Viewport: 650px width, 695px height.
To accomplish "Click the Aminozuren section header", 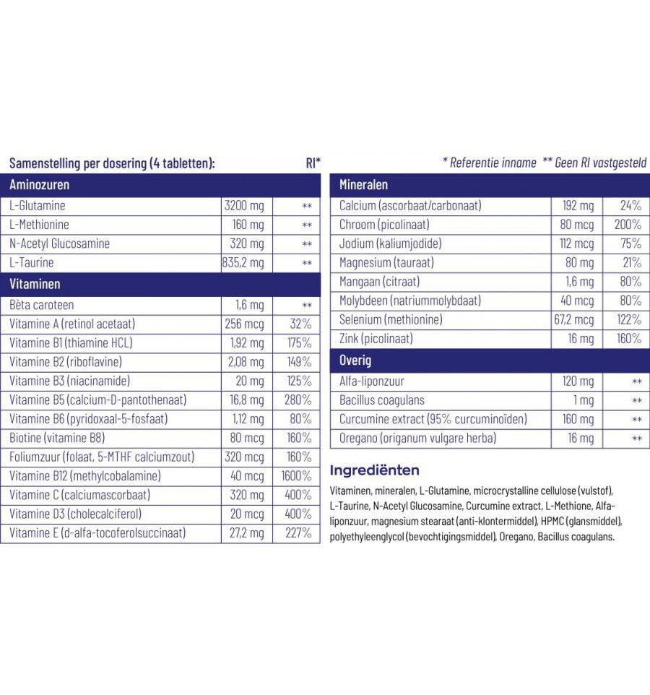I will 40,185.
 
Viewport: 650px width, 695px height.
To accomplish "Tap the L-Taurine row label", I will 32,263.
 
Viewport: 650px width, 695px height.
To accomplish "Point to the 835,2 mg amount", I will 244,263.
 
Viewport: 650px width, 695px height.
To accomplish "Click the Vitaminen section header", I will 35,284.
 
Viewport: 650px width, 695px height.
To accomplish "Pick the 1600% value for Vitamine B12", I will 296,476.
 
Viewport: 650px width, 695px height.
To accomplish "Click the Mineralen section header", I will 364,185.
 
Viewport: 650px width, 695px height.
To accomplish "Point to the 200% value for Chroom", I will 626,225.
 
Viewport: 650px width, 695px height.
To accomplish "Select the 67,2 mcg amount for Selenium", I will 574,319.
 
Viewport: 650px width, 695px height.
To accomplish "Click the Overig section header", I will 355,360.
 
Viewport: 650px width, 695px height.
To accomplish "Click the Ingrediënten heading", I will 374,470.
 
